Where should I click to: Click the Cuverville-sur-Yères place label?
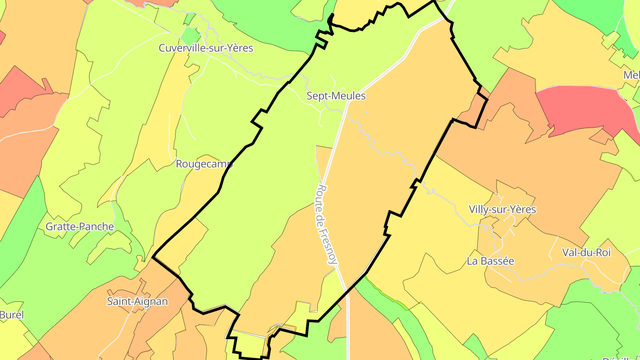206,48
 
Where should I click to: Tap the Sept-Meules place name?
336,96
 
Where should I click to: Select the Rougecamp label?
204,164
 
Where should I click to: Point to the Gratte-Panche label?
80,227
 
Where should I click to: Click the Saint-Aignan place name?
137,301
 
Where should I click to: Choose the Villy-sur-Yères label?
502,209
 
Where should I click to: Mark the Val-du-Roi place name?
586,253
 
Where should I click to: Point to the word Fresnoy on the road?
329,245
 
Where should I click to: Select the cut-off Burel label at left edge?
12,315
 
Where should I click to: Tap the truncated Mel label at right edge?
631,75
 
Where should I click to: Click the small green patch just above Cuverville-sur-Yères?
191,36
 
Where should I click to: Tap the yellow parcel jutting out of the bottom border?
249,344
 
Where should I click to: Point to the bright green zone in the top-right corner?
591,13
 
